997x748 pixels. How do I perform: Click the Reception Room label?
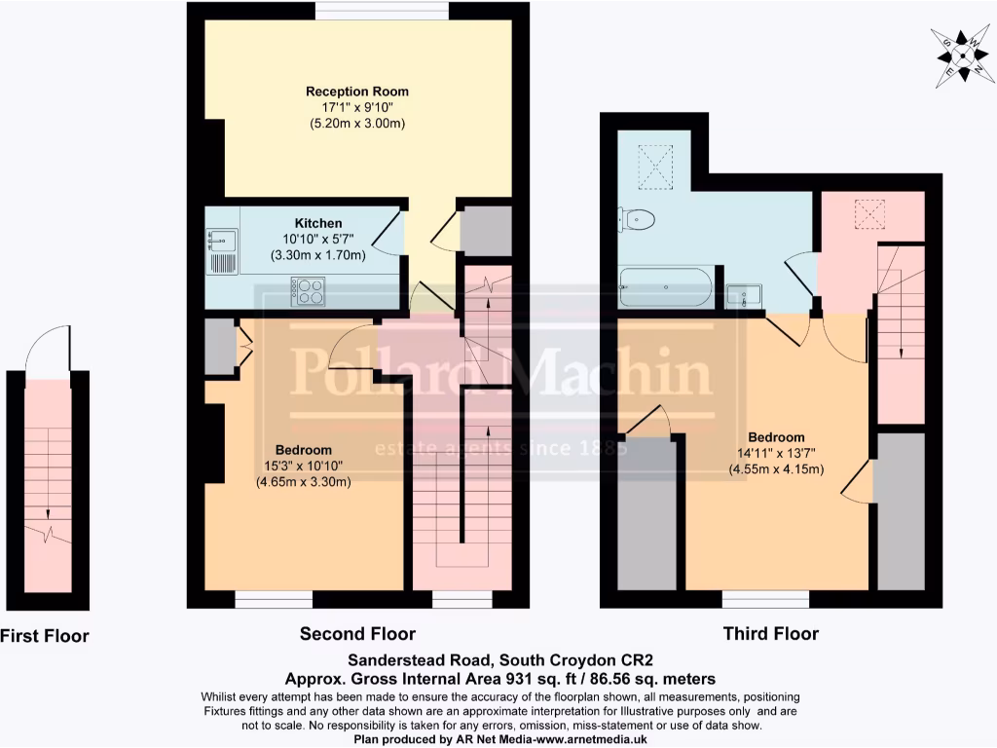pos(357,92)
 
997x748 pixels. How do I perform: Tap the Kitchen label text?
pos(318,223)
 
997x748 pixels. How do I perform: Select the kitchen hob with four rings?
pos(311,289)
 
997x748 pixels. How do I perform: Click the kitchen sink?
pos(221,238)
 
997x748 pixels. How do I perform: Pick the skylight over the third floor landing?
pos(868,212)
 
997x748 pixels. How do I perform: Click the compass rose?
pos(959,55)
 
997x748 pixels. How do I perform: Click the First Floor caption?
pos(44,637)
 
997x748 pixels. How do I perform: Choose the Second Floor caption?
pos(357,634)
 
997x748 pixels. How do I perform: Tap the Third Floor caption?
pos(770,634)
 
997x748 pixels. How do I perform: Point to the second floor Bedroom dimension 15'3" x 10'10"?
pos(303,466)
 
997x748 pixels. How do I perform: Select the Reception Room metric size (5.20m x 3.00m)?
pos(357,124)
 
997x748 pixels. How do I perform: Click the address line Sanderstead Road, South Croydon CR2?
pos(498,660)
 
